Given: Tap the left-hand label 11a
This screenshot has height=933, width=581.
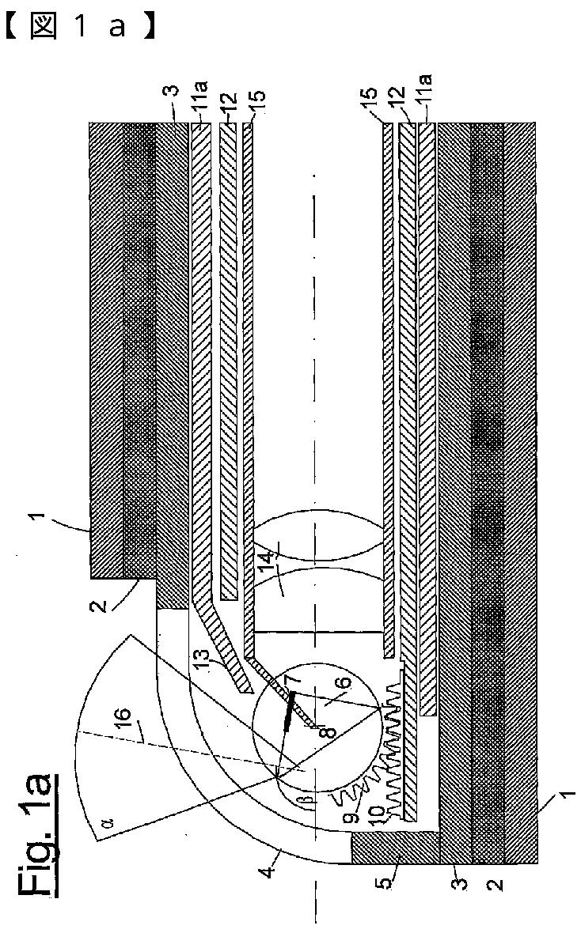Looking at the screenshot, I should tap(199, 104).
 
